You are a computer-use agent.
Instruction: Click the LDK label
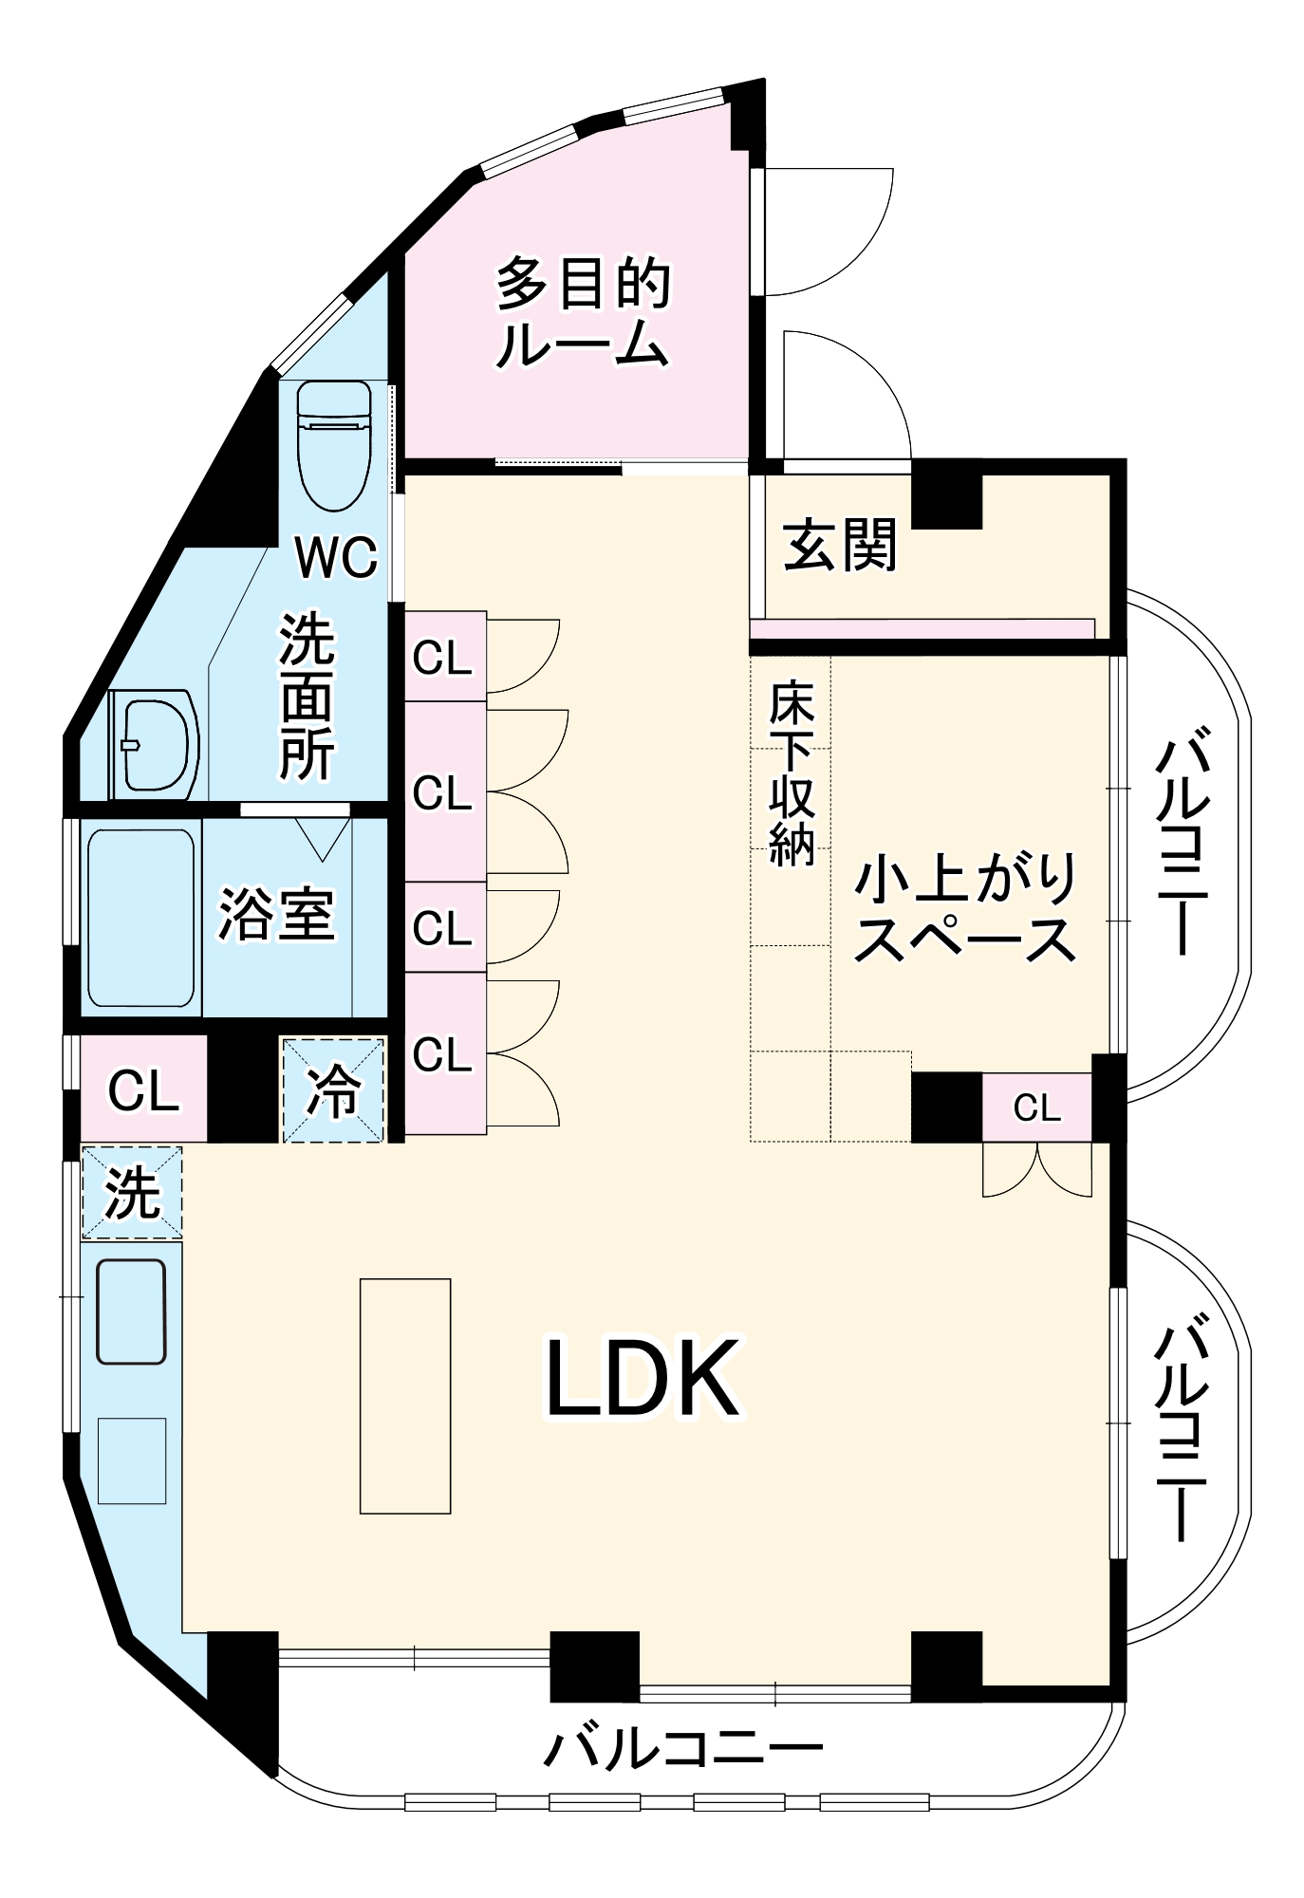click(x=643, y=1379)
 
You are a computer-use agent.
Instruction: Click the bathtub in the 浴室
click(x=141, y=918)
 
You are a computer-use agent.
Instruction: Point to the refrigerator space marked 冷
click(x=333, y=1089)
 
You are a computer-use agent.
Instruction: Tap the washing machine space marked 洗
click(x=131, y=1192)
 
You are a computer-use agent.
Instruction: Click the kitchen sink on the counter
click(x=132, y=1312)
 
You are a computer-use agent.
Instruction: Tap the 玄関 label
click(x=840, y=545)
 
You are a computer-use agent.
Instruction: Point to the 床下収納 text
click(x=791, y=773)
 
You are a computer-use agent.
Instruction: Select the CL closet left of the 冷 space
click(x=143, y=1089)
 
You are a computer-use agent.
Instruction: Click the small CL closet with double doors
click(x=1036, y=1107)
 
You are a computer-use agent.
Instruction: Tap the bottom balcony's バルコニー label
click(x=681, y=1748)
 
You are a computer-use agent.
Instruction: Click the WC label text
click(x=336, y=557)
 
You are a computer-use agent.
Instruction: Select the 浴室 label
click(x=276, y=915)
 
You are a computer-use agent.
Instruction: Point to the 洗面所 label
click(x=307, y=698)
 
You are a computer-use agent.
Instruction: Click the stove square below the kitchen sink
click(x=132, y=1461)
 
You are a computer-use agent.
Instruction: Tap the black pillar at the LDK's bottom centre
click(x=594, y=1665)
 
